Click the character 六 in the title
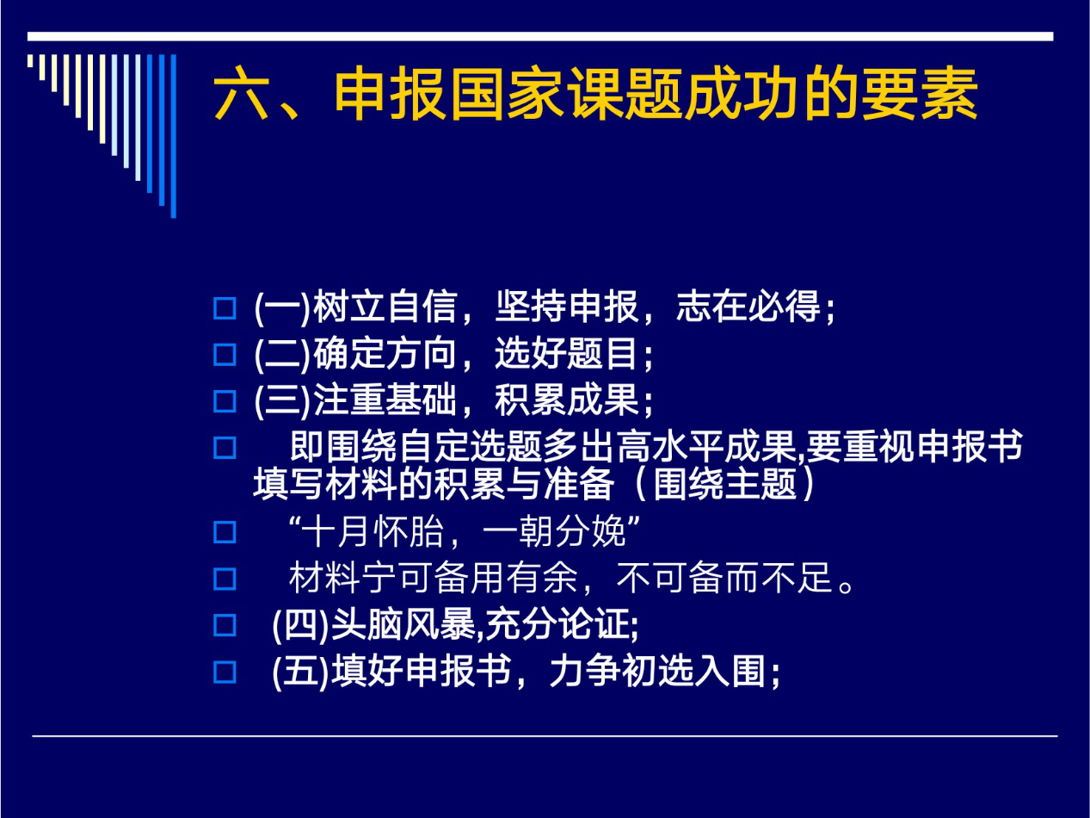point(242,94)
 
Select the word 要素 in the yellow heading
point(920,94)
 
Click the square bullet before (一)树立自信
point(225,308)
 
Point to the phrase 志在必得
point(748,307)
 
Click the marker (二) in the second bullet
point(282,354)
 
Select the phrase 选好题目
point(566,353)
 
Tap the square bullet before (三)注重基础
point(225,401)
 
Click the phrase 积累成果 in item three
point(566,400)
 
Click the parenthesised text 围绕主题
point(725,484)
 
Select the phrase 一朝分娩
point(554,531)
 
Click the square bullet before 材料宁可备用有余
point(225,579)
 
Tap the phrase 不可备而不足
point(724,578)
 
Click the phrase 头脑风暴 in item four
point(403,624)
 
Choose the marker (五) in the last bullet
point(301,672)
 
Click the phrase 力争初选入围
point(658,671)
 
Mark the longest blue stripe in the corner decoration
point(173,136)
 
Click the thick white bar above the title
point(540,36)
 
